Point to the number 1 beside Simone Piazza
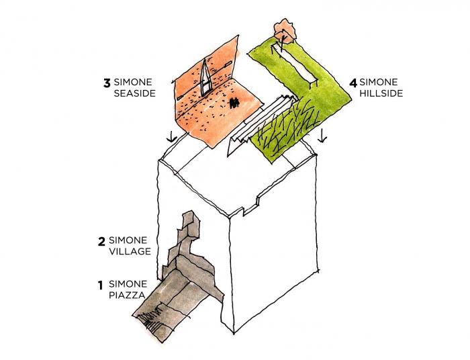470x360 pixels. tap(100, 284)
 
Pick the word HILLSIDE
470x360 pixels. tap(381, 94)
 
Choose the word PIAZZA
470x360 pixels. tap(125, 296)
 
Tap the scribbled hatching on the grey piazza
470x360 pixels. tap(156, 318)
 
